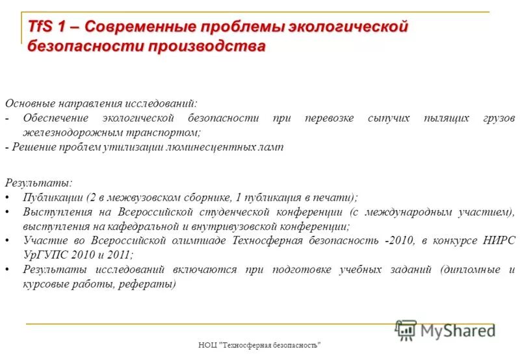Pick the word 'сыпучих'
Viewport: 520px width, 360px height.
tap(389, 118)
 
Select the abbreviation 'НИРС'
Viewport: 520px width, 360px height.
tap(499, 240)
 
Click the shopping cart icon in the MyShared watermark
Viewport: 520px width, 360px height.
tap(406, 330)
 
